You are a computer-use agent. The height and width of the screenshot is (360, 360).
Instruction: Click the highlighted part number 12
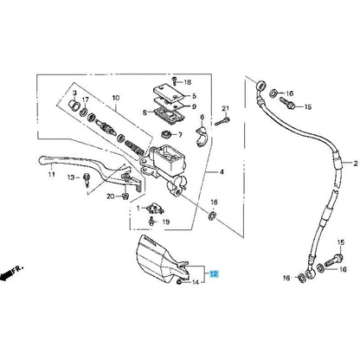(214, 273)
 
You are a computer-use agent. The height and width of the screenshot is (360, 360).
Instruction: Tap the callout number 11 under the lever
(51, 174)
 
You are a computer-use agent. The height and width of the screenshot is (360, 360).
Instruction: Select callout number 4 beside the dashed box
(222, 172)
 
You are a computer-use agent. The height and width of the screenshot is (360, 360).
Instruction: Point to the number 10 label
(116, 98)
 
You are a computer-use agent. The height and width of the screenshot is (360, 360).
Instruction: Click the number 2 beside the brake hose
(356, 164)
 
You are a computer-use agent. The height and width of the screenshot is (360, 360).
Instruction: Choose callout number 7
(180, 135)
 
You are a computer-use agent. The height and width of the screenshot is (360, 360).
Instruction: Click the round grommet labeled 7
(166, 134)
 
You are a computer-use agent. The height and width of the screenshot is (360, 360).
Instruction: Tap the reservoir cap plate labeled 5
(169, 93)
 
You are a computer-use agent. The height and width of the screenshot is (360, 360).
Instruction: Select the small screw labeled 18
(174, 81)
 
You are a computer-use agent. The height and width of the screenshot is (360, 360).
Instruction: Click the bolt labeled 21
(222, 121)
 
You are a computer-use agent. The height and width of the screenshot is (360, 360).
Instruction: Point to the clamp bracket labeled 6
(202, 135)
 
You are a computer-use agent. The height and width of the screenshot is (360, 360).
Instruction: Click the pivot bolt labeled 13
(86, 180)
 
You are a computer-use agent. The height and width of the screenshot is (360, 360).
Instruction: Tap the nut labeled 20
(125, 196)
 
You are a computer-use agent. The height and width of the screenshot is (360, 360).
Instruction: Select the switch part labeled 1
(153, 209)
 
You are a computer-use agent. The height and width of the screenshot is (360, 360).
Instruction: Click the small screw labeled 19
(151, 222)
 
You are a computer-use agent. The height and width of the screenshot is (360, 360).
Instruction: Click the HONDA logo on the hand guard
(151, 241)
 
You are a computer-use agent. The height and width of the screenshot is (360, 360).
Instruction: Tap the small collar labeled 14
(179, 282)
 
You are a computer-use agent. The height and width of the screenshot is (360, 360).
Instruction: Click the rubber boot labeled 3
(74, 104)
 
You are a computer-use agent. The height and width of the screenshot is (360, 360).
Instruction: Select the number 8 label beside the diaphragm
(145, 112)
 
